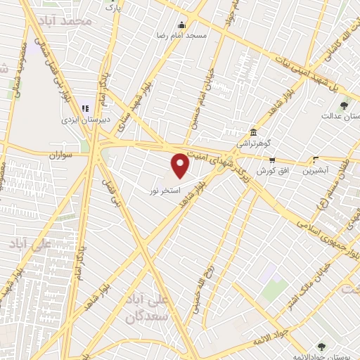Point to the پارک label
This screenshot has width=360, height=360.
[112, 6]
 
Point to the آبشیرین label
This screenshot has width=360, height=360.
[316, 171]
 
